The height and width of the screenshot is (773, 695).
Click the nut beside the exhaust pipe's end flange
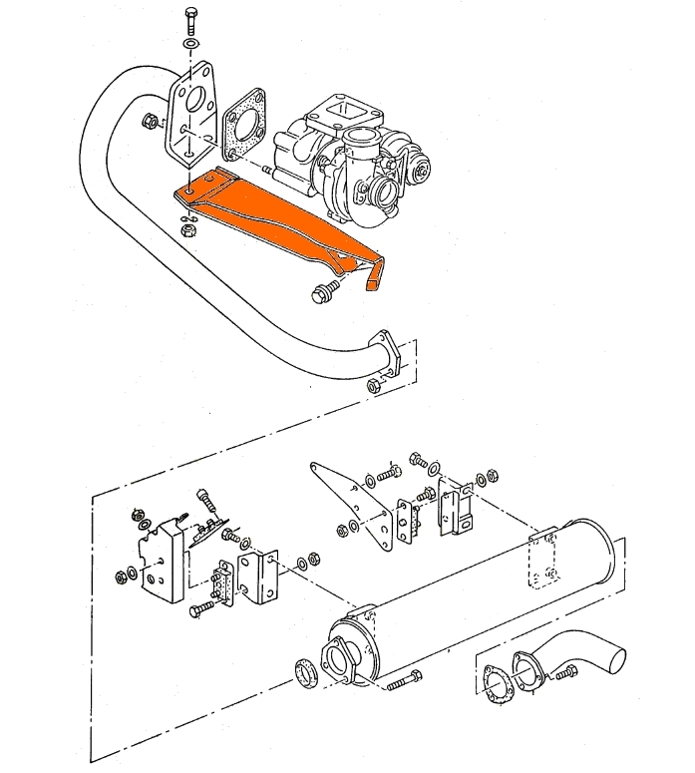[x=373, y=385]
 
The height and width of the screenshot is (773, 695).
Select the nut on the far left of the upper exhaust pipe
[x=150, y=122]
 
